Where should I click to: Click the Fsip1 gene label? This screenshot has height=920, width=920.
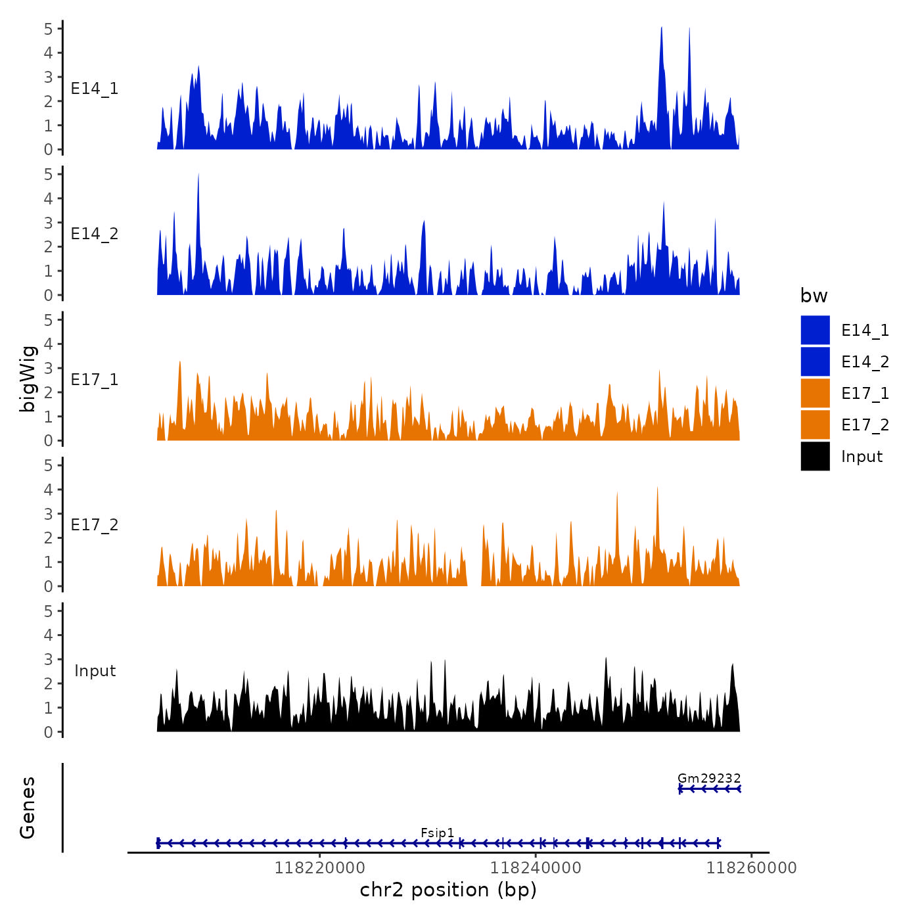click(x=437, y=833)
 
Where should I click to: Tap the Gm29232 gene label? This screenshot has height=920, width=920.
click(x=708, y=778)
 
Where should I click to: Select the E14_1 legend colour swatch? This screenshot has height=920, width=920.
click(x=815, y=330)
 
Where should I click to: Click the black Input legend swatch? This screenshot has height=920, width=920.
click(x=815, y=456)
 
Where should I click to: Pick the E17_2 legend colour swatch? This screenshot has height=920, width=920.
click(x=815, y=425)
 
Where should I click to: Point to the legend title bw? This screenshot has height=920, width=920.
click(x=814, y=296)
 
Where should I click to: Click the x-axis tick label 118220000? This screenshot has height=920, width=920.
click(x=319, y=867)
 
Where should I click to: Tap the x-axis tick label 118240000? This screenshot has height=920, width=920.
click(x=536, y=867)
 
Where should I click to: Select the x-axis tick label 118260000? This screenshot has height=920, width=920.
click(x=751, y=867)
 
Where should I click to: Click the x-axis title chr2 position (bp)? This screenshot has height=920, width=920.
click(x=448, y=890)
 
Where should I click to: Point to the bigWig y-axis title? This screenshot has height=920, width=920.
click(x=28, y=379)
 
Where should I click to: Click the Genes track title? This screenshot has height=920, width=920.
click(x=28, y=808)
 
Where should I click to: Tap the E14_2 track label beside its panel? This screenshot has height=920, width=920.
click(x=95, y=234)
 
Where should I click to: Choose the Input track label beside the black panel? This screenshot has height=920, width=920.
click(x=95, y=671)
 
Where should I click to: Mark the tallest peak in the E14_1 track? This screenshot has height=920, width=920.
click(x=661, y=28)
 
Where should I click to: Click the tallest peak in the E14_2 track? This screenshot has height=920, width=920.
click(x=198, y=175)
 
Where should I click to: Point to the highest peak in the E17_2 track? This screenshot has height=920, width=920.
click(x=657, y=488)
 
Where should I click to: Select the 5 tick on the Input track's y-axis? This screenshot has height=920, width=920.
click(x=48, y=611)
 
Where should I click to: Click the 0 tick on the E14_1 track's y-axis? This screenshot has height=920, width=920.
click(x=48, y=150)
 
